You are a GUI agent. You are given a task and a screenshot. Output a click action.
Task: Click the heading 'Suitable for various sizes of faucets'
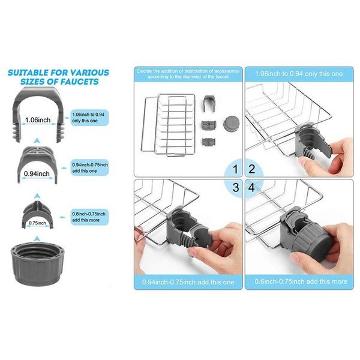point(58,77)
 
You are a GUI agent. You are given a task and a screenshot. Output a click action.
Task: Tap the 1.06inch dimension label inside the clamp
point(37,119)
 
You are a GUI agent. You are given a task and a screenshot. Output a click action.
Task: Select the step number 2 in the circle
point(252,169)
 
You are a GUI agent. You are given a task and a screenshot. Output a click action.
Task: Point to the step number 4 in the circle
point(252,187)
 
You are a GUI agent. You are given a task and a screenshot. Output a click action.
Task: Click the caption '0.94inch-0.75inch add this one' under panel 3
point(187,282)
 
